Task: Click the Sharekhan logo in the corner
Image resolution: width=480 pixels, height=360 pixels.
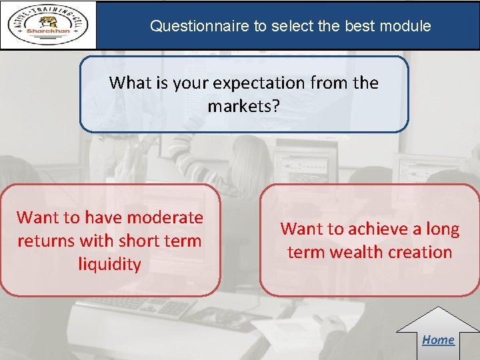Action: coord(48,25)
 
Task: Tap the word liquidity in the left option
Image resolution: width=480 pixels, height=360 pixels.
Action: coord(110,264)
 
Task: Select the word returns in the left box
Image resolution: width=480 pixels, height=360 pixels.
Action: coord(47,241)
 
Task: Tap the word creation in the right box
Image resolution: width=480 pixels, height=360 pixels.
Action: coord(419,253)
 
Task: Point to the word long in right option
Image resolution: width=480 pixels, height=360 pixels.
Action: coord(442,229)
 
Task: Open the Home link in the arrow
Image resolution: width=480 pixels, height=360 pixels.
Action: coord(438,339)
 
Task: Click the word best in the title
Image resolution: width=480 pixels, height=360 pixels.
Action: coord(360,27)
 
